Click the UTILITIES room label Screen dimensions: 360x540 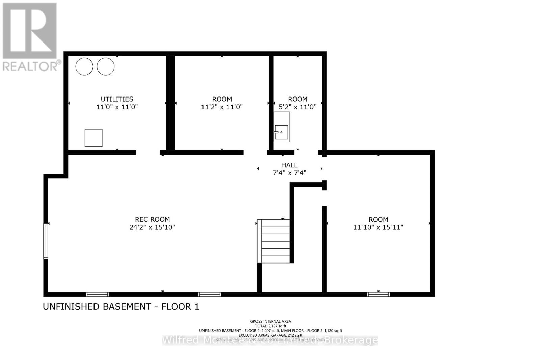pos(117,99)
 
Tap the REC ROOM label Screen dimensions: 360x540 pos(152,219)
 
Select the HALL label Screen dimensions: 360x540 pos(289,165)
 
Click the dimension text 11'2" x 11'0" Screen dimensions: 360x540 pos(222,107)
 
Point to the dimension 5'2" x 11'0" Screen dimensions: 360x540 pos(297,107)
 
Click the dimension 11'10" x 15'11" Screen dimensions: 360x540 pos(378,227)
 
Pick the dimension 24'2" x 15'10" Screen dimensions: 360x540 pos(152,227)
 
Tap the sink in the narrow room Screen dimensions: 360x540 pos(281,132)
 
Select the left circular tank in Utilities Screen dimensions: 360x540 pos(84,66)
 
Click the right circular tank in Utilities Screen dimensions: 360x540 pos(106,66)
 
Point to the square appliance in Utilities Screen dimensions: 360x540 pos(93,138)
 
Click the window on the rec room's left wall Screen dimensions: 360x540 pos(46,241)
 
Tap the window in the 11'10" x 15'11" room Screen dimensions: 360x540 pos(378,294)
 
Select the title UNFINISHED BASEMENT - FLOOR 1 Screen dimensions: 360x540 pos(121,307)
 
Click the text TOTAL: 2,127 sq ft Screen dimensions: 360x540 pos(270,326)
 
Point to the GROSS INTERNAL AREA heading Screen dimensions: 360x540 pos(270,321)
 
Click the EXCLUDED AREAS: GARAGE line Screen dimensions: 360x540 pos(270,335)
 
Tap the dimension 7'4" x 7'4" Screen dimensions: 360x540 pos(289,173)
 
